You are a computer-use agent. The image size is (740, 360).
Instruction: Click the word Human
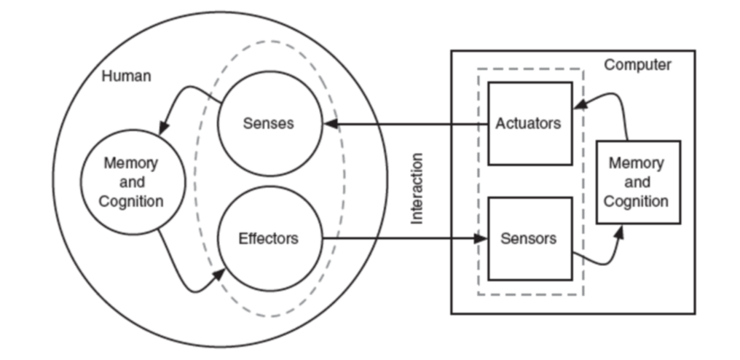click(x=126, y=76)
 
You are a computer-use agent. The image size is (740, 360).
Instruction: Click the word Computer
click(x=637, y=66)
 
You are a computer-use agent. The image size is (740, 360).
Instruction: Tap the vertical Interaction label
click(x=417, y=188)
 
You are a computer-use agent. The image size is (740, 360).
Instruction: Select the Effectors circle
click(x=269, y=238)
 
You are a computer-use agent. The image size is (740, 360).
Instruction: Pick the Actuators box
click(x=529, y=123)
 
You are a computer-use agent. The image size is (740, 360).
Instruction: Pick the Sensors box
click(x=529, y=238)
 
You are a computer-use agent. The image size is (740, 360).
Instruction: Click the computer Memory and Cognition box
click(x=637, y=181)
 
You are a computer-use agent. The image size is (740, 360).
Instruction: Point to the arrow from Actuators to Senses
click(x=408, y=123)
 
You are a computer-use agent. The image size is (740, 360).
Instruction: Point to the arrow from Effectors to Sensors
click(x=401, y=238)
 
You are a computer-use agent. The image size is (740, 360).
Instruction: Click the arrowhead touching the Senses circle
click(x=329, y=123)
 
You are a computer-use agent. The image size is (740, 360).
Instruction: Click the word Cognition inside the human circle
click(x=131, y=201)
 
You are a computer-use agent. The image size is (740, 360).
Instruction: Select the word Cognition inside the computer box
click(x=637, y=200)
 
